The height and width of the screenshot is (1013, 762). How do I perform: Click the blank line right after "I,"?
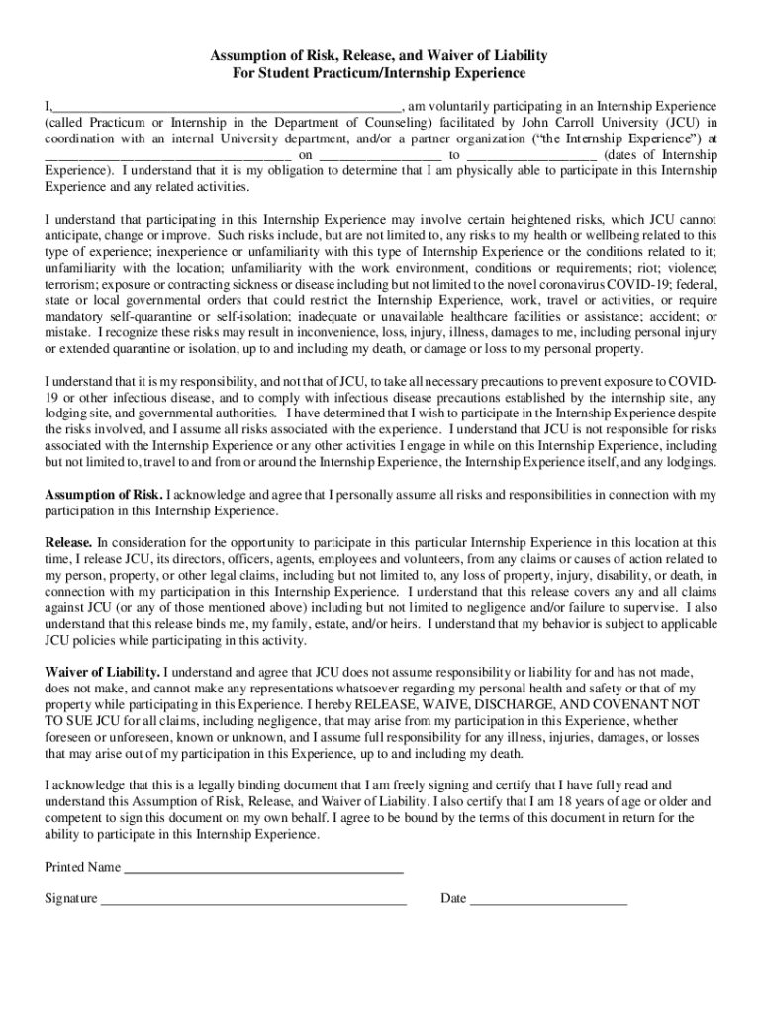227,105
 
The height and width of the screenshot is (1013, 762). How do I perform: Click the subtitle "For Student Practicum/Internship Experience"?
380,74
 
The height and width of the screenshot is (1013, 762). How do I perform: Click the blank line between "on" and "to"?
380,155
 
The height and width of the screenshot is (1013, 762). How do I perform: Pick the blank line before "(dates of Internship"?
530,155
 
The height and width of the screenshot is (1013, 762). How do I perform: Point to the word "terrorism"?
72,285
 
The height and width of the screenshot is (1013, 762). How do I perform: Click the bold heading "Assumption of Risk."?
104,494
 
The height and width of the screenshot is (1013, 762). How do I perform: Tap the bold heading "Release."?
69,542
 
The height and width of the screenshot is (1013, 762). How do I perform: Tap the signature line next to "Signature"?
253,899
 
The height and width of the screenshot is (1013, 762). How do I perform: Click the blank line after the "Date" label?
548,899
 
